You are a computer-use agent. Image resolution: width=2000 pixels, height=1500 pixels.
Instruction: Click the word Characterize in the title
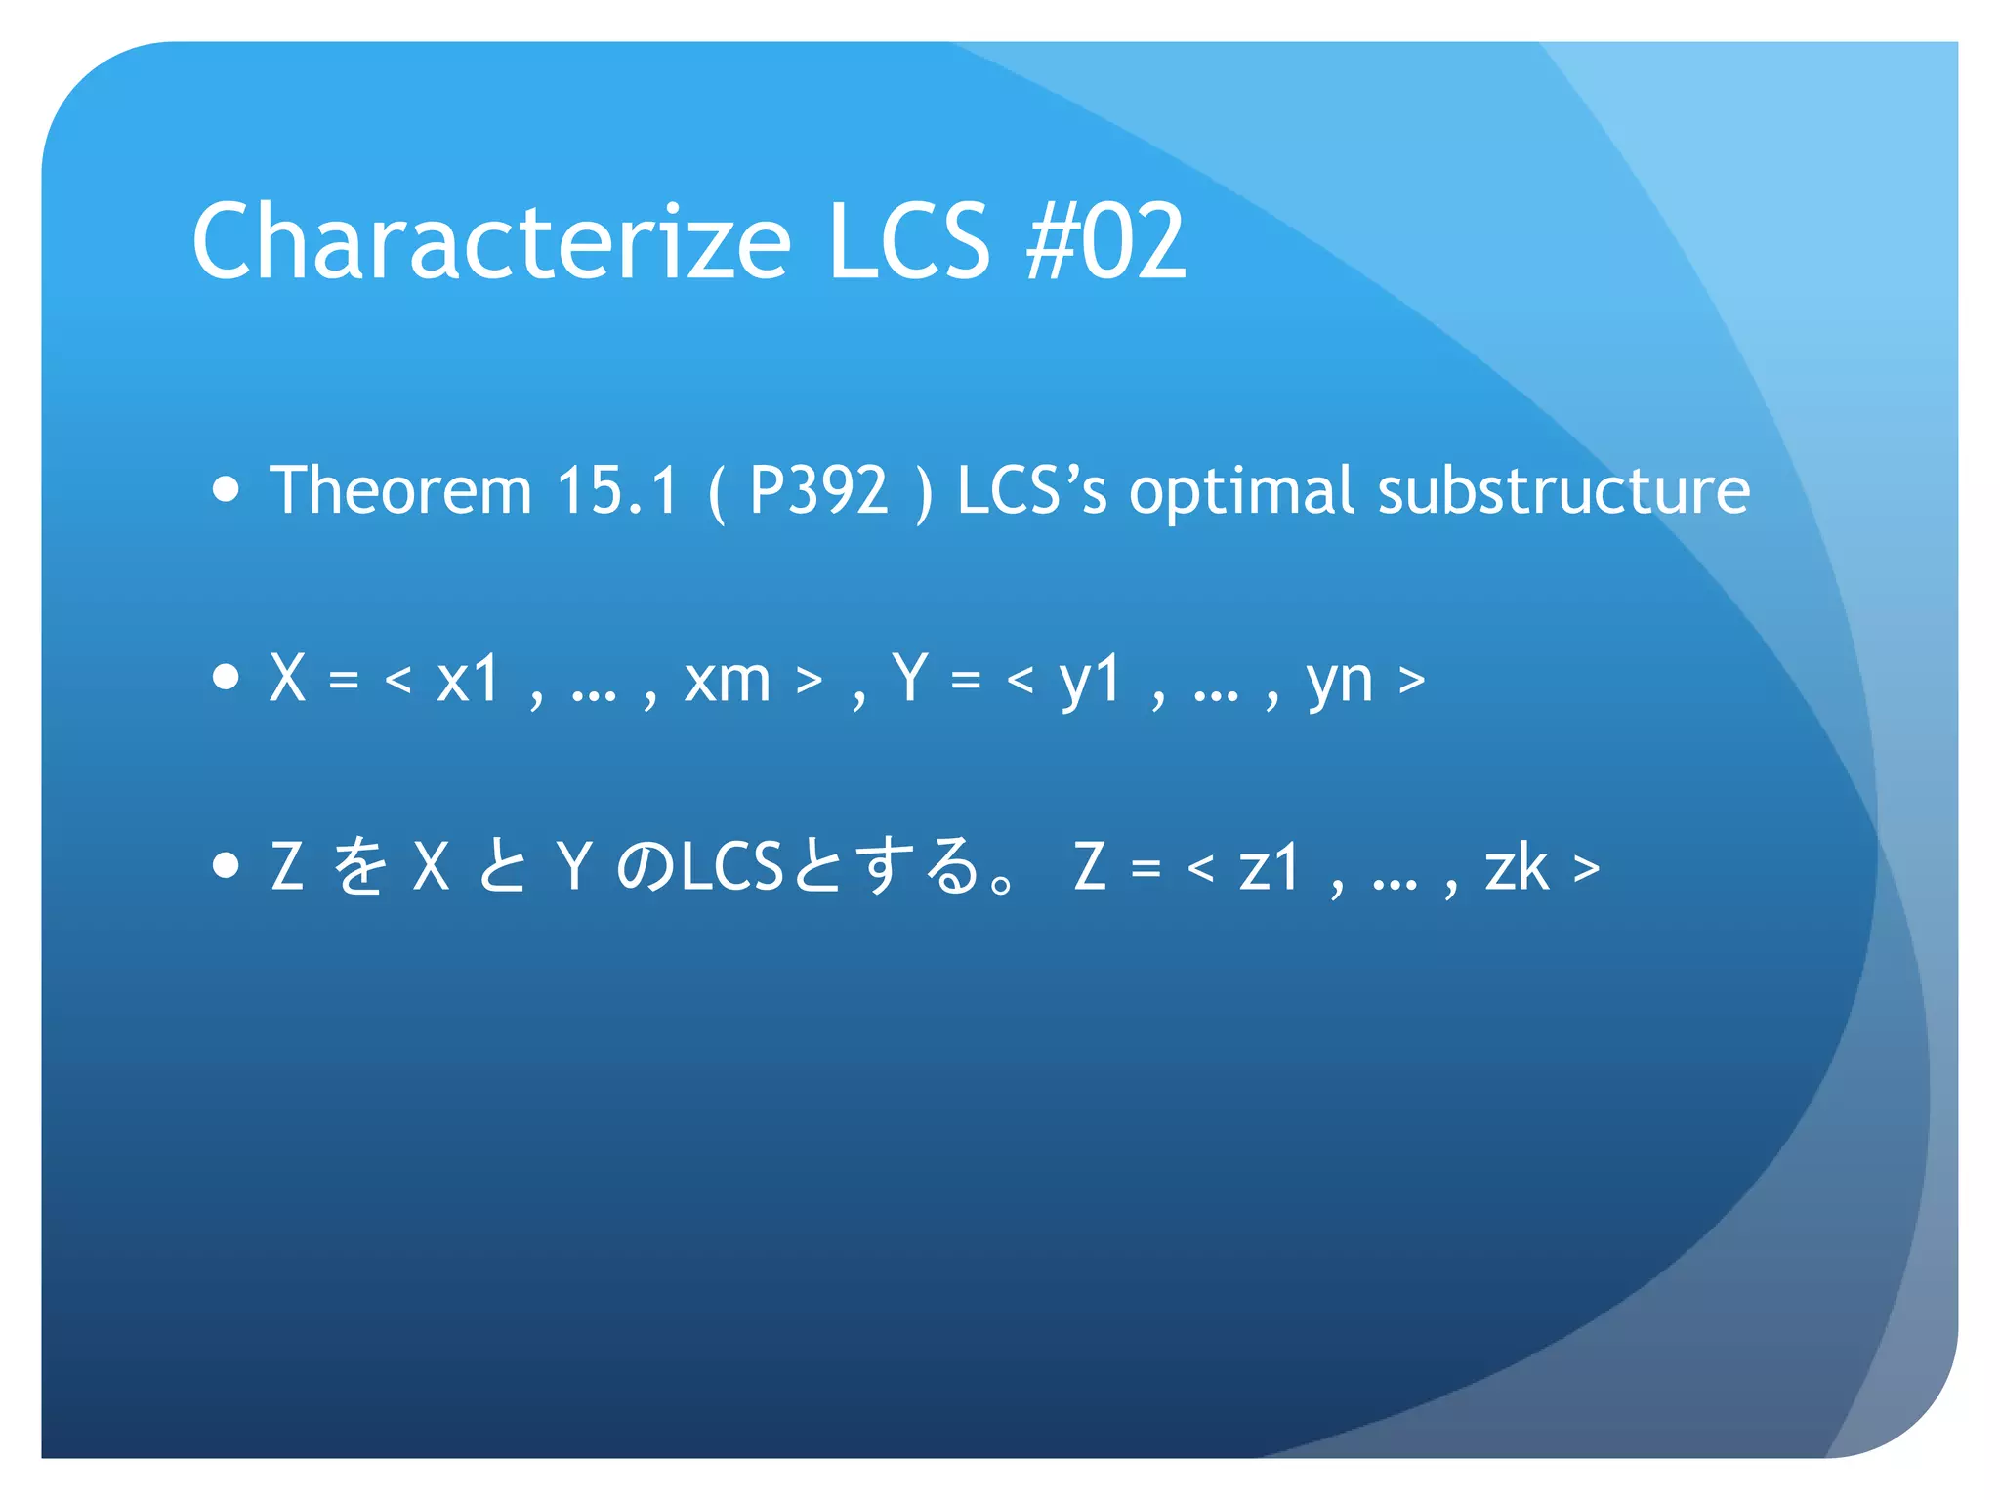pyautogui.click(x=491, y=241)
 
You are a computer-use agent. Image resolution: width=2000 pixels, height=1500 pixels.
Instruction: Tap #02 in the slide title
pyautogui.click(x=1106, y=241)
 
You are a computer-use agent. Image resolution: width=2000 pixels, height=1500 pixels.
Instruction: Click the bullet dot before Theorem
pyautogui.click(x=226, y=488)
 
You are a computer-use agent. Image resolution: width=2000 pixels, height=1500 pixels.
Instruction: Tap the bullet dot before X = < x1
pyautogui.click(x=226, y=676)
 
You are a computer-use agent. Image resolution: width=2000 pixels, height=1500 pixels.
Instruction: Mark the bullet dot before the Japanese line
pyautogui.click(x=226, y=864)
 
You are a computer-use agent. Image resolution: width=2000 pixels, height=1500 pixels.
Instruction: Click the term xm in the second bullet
pyautogui.click(x=728, y=679)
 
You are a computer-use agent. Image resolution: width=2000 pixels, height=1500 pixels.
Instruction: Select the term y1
pyautogui.click(x=1090, y=681)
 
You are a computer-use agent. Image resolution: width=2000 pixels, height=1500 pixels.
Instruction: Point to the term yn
pyautogui.click(x=1339, y=681)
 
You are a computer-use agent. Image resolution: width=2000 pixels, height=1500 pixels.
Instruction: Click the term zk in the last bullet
pyautogui.click(x=1517, y=867)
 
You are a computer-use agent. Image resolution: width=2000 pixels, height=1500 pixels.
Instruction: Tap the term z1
pyautogui.click(x=1270, y=867)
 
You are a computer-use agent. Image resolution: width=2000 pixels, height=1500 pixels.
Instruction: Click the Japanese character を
pyautogui.click(x=359, y=866)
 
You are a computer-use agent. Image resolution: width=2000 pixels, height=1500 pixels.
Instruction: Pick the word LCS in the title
pyautogui.click(x=909, y=241)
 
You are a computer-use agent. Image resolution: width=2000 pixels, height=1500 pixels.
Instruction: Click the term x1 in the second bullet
pyautogui.click(x=468, y=679)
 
